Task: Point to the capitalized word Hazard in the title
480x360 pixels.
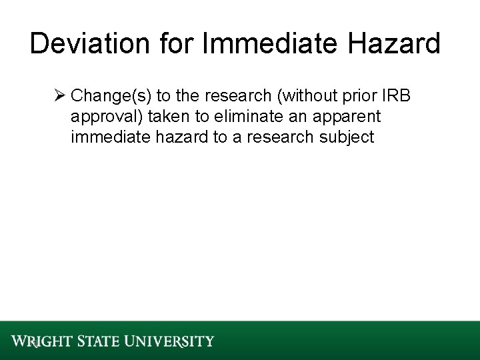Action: [x=401, y=44]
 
